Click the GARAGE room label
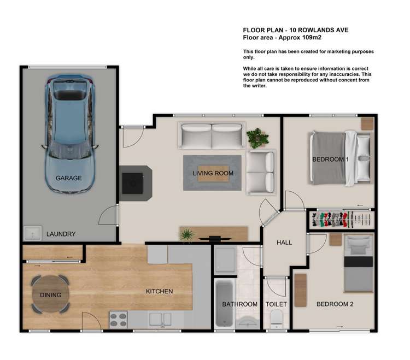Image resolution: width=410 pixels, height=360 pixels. [68, 178]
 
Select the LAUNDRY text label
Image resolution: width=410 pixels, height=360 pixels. [61, 234]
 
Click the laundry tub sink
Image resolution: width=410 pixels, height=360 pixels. [33, 233]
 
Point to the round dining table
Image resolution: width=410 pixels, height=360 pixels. [50, 294]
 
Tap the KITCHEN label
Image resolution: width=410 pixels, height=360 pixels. [159, 292]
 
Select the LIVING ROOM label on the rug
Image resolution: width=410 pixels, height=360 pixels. [213, 173]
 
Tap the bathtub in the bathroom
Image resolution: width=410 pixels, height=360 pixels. [224, 304]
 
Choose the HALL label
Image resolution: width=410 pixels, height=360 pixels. [284, 243]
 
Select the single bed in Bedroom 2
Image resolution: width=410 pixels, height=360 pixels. [358, 263]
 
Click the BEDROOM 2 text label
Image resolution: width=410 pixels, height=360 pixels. [335, 304]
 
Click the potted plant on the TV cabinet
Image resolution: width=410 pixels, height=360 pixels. [186, 235]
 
